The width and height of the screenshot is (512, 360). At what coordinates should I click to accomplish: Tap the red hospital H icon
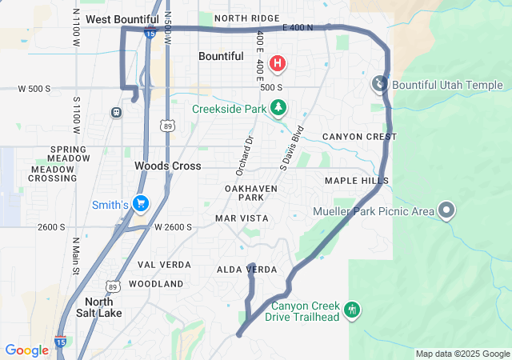tap(277, 63)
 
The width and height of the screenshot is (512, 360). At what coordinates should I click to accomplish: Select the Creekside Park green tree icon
tap(278, 106)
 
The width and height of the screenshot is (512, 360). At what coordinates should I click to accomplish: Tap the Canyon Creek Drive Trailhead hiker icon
tap(352, 310)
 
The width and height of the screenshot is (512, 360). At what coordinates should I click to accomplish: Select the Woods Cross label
tap(167, 166)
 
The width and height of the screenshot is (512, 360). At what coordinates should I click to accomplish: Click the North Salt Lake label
tap(103, 307)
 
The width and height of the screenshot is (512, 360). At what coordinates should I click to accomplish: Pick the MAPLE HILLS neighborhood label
tap(356, 181)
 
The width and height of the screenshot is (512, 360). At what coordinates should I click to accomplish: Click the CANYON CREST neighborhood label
tap(359, 137)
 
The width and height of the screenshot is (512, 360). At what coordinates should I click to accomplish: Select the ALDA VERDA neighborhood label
tap(247, 270)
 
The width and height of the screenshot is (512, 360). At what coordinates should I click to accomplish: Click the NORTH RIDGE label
tap(247, 18)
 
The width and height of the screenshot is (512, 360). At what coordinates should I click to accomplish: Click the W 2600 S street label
tap(173, 227)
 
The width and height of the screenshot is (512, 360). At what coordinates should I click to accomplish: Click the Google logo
tap(26, 350)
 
